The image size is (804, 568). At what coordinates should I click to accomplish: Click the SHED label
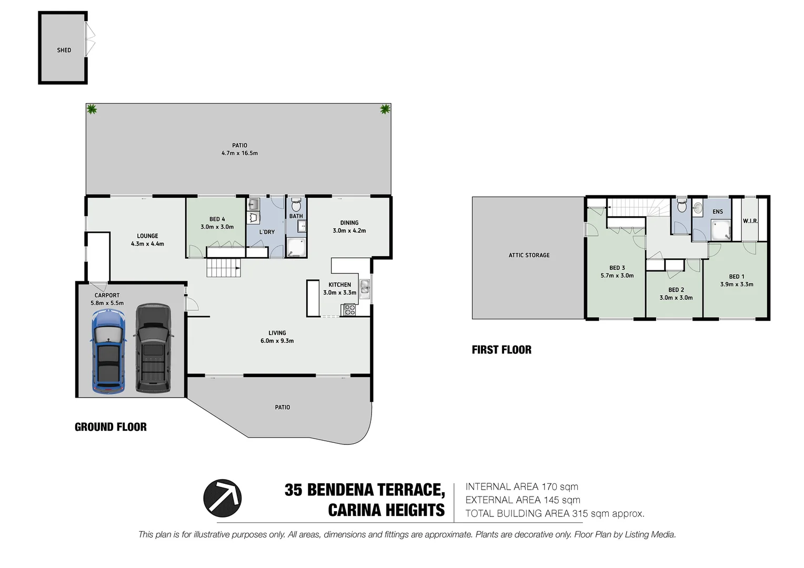pos(64,50)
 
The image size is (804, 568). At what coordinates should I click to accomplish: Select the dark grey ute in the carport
pos(153,348)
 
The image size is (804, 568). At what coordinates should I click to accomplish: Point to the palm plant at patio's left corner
pos(92,109)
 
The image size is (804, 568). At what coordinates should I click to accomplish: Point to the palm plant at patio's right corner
pos(385,109)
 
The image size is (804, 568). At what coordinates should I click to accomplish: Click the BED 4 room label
pos(217,219)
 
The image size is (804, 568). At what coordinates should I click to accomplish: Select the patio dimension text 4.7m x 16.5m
pos(239,153)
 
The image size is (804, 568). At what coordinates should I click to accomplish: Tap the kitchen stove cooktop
pos(349,310)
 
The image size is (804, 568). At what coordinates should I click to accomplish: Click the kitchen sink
pos(365,288)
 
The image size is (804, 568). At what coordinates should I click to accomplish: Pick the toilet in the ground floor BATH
pos(296,205)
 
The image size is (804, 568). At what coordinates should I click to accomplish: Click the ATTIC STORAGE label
pos(529,255)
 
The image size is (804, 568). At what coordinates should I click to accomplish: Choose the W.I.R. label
pos(750,221)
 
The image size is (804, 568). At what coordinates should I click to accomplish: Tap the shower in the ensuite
pos(720,229)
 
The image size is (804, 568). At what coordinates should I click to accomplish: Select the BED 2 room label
pos(676,290)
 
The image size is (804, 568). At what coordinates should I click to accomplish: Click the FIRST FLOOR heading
pos(501,350)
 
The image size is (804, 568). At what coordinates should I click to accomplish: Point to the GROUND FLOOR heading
pos(110,427)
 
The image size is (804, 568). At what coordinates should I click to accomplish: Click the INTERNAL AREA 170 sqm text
pos(521,487)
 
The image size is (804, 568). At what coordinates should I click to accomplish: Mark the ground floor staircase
pos(224,268)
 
